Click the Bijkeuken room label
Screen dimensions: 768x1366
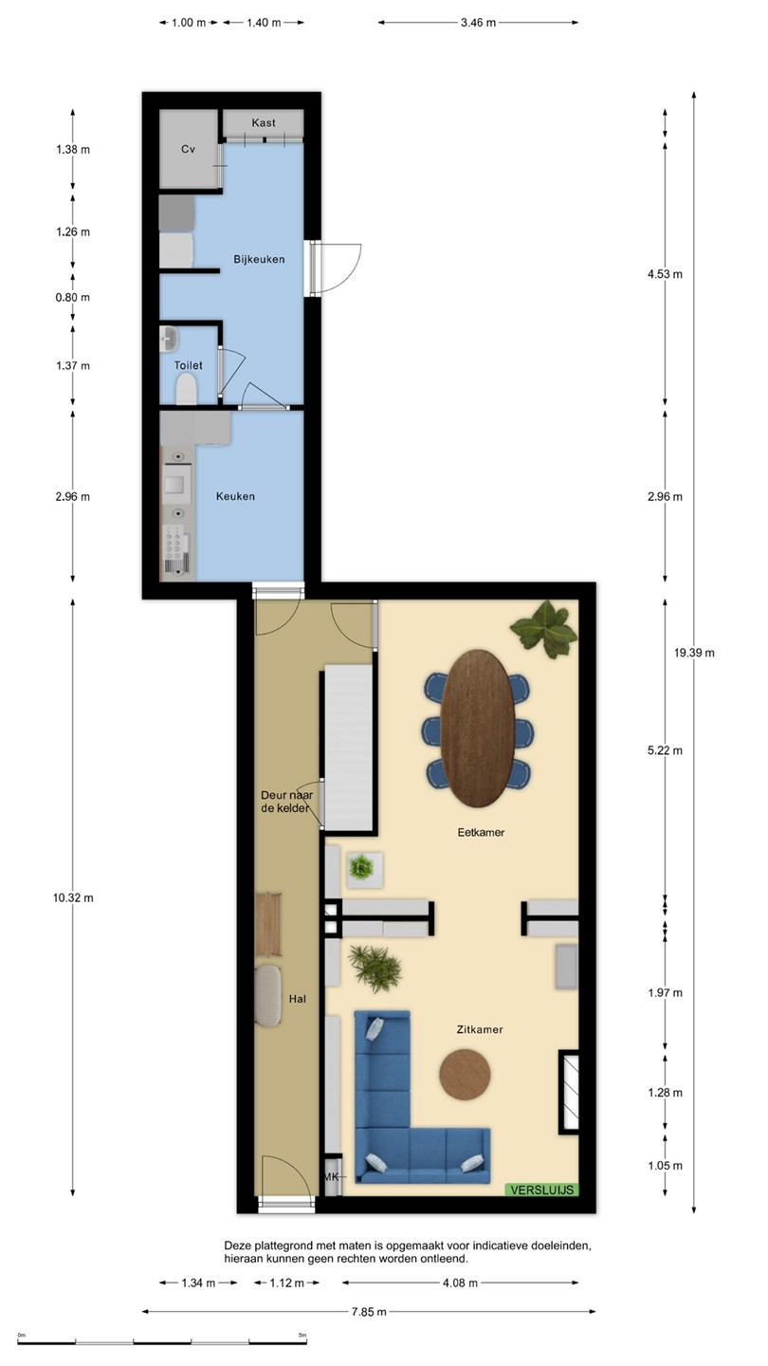pyautogui.click(x=259, y=259)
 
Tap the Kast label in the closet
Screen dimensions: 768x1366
pyautogui.click(x=264, y=122)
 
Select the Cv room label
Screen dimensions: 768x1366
pyautogui.click(x=188, y=149)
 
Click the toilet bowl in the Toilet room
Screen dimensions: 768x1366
pyautogui.click(x=187, y=389)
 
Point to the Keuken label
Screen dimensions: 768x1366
pyautogui.click(x=235, y=496)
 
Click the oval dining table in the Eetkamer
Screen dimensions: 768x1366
pyautogui.click(x=477, y=728)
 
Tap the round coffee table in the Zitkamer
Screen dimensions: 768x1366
pyautogui.click(x=465, y=1075)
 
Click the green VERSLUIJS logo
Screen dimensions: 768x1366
pyautogui.click(x=542, y=1190)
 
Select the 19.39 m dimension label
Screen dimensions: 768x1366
pyautogui.click(x=694, y=653)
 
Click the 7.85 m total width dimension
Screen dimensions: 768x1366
pyautogui.click(x=369, y=1312)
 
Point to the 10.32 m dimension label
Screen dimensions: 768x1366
pyautogui.click(x=73, y=897)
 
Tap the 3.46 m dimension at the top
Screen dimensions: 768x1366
pyautogui.click(x=479, y=23)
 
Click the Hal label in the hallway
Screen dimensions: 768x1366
pyautogui.click(x=298, y=999)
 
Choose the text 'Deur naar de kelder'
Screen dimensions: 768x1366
pyautogui.click(x=286, y=802)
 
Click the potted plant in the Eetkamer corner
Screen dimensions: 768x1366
pyautogui.click(x=543, y=630)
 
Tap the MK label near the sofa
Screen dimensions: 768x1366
pyautogui.click(x=331, y=1177)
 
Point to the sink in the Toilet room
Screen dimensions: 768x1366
pyautogui.click(x=169, y=339)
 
